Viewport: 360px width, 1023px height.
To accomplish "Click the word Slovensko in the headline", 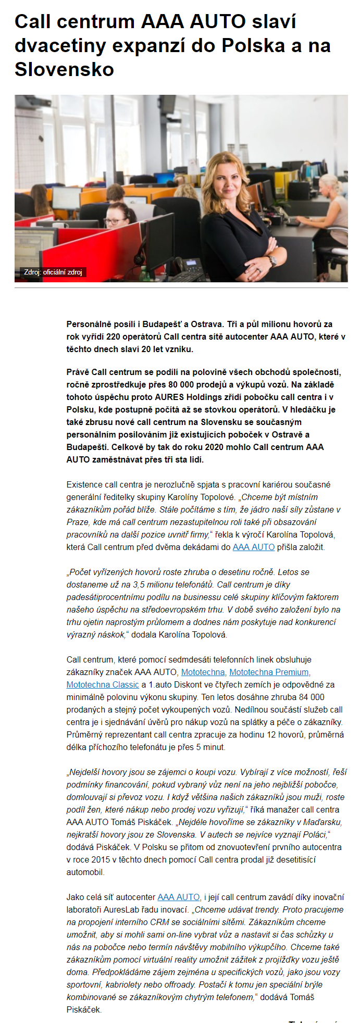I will click(64, 69).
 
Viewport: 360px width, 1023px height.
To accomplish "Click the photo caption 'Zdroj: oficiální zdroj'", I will click(53, 272).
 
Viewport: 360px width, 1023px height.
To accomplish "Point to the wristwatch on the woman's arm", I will click(271, 260).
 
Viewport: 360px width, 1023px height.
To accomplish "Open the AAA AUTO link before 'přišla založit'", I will click(253, 547).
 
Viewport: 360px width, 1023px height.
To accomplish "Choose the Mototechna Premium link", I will click(269, 672).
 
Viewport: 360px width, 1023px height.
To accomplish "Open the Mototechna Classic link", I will click(103, 684).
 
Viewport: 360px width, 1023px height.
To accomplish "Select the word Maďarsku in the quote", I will click(325, 822).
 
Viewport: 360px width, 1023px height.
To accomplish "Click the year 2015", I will click(99, 859).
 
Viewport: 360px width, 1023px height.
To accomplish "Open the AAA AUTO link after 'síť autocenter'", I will click(178, 897).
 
